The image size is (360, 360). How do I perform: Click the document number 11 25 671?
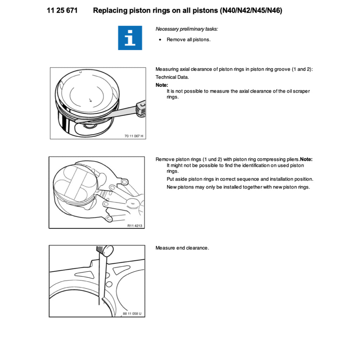click(62, 11)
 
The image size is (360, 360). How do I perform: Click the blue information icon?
click(130, 38)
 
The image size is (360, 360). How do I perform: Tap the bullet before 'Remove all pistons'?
click(160, 40)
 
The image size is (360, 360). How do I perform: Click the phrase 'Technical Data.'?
click(172, 77)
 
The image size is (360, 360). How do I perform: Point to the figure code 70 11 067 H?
click(134, 136)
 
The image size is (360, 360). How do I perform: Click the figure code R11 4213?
click(135, 226)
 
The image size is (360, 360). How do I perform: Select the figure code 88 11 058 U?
click(133, 314)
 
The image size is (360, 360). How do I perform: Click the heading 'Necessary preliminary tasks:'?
click(187, 29)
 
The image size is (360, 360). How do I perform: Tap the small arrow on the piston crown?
click(90, 100)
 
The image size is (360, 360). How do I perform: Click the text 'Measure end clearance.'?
click(182, 248)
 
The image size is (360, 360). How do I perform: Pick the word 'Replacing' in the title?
click(109, 11)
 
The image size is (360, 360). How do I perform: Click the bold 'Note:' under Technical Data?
click(162, 85)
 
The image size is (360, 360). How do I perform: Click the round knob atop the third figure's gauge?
click(108, 250)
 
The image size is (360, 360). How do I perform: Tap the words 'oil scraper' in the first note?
click(297, 91)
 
